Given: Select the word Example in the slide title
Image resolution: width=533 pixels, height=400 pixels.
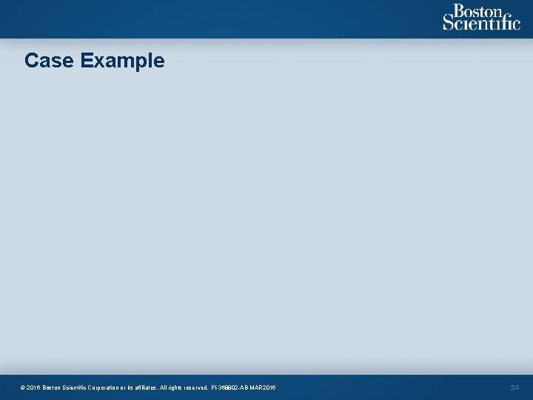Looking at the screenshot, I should [x=122, y=61].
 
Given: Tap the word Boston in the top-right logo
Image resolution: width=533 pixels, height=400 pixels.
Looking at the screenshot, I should [x=477, y=12].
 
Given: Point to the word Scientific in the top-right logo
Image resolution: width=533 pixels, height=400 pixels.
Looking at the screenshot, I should [x=482, y=24].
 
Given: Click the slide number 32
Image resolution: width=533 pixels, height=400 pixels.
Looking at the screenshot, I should [x=515, y=387].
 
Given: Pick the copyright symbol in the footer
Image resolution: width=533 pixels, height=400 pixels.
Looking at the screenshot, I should [x=24, y=387].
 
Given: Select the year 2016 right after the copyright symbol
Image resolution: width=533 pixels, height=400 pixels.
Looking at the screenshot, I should [x=34, y=387].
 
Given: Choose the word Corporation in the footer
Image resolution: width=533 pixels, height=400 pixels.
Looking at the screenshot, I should [x=118, y=387].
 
